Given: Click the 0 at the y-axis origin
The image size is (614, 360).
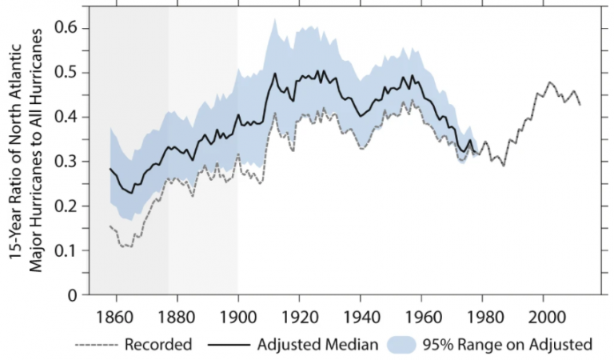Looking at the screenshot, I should click(73, 295).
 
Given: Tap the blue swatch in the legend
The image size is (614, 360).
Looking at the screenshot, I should click(405, 345).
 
